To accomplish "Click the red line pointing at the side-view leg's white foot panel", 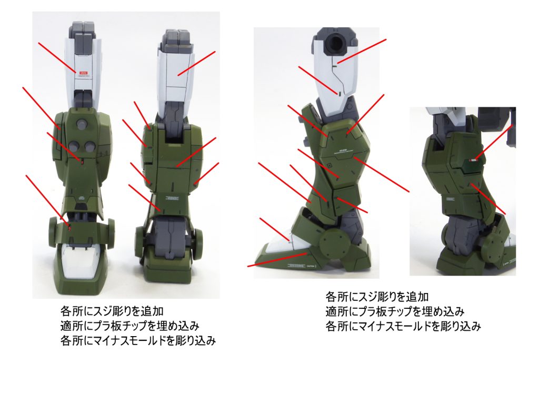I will pyautogui.click(x=274, y=229).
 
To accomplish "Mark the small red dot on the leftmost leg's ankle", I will pyautogui.click(x=71, y=227).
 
